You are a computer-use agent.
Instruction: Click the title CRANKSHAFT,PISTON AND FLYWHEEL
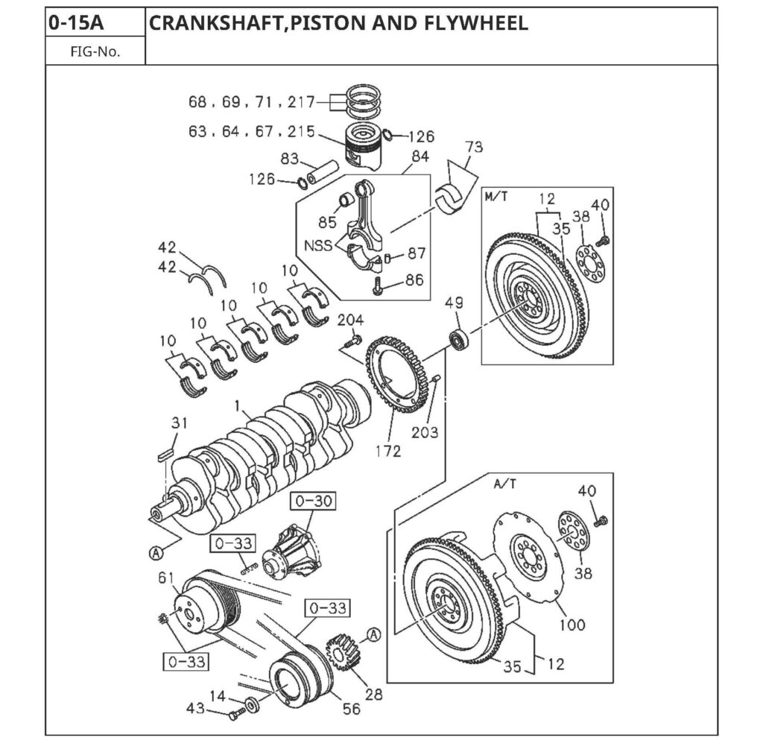tap(338, 23)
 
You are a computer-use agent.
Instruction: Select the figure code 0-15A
tap(76, 23)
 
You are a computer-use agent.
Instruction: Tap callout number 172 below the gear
tap(387, 451)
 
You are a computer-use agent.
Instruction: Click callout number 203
tap(427, 432)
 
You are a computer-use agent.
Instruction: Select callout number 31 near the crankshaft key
tap(179, 423)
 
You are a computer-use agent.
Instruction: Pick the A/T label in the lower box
tap(504, 483)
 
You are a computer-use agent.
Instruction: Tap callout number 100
tap(572, 625)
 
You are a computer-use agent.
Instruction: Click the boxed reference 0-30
tap(312, 501)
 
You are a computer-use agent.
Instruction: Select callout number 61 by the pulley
tap(165, 578)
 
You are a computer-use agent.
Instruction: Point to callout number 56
tap(350, 709)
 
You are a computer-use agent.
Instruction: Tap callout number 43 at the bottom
tap(195, 709)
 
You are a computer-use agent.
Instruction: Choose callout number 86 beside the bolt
tap(414, 281)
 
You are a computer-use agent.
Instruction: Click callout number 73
tap(474, 147)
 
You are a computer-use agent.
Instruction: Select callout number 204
tap(350, 320)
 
